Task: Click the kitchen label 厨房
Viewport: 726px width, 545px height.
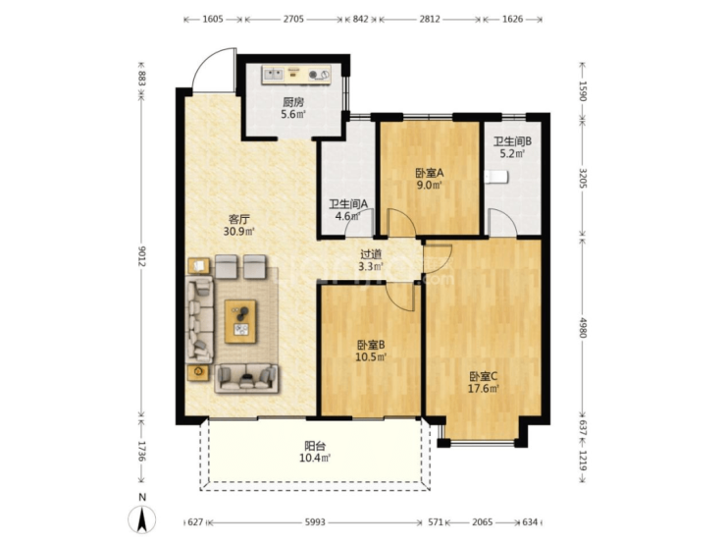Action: click(293, 102)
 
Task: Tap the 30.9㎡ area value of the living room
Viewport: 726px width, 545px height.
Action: click(239, 231)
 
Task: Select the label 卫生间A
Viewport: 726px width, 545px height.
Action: click(348, 204)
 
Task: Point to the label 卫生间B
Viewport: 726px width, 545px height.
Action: click(512, 141)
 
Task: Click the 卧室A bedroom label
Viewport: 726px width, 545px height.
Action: click(429, 174)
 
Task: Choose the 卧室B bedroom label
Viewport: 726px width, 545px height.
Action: click(371, 346)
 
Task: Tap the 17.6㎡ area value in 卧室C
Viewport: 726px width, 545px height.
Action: click(483, 388)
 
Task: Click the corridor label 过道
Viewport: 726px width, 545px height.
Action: click(371, 254)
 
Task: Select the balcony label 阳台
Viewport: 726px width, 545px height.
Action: click(315, 446)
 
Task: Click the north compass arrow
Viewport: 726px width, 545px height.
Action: click(142, 519)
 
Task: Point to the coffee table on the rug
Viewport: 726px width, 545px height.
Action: click(240, 322)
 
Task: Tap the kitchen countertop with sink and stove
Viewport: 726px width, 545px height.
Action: click(296, 75)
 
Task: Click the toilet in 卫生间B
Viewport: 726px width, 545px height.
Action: click(496, 177)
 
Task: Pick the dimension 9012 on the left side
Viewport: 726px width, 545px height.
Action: click(141, 256)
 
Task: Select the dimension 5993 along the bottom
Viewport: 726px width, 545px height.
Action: click(315, 522)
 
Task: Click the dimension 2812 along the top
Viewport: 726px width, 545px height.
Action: click(430, 19)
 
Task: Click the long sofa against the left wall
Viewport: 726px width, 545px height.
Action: click(199, 320)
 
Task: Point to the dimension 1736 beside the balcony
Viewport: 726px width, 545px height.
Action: click(141, 451)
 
